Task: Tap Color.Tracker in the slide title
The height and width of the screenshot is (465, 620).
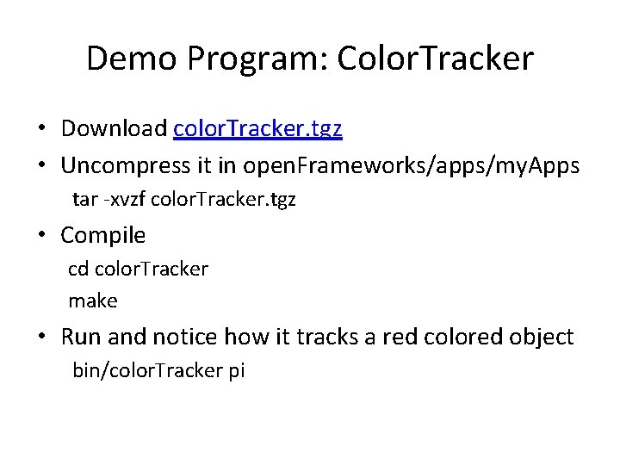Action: tap(436, 59)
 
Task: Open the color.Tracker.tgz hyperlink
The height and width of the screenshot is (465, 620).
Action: tap(257, 129)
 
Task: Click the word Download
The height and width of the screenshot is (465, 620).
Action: tap(114, 129)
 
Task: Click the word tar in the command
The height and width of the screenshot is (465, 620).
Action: tap(84, 200)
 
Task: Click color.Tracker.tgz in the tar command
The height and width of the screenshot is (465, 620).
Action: tap(223, 200)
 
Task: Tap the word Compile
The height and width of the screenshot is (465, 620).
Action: tap(102, 235)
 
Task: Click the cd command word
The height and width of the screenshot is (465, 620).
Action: tap(77, 269)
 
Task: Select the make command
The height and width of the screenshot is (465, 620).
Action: tap(93, 301)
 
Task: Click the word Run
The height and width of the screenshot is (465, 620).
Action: tap(80, 337)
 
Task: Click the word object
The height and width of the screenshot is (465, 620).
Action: tap(542, 337)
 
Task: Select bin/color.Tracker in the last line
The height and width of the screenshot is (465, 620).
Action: tap(148, 371)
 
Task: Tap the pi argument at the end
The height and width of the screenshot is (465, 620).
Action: tap(237, 371)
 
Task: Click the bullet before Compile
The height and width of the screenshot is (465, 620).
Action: tap(42, 236)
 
